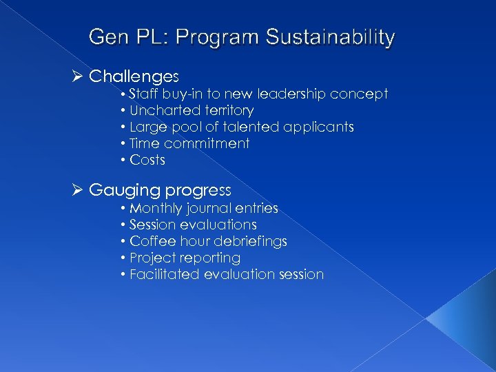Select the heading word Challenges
134,75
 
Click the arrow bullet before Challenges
77,75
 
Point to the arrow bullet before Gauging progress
77,189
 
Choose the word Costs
147,160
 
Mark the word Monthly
156,208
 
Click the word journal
209,208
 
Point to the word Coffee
152,241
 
